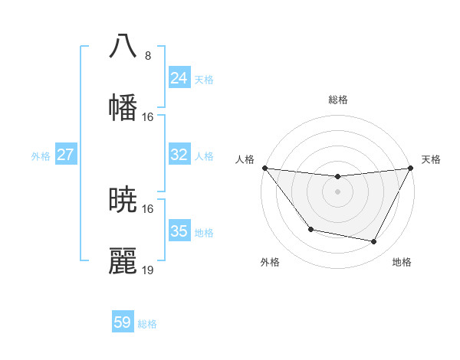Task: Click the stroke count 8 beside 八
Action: (148, 55)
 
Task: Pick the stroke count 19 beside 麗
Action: (148, 270)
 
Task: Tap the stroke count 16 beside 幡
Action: (148, 116)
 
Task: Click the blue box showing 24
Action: (179, 78)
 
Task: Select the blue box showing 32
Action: (179, 155)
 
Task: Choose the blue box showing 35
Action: (179, 231)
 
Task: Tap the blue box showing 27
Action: (66, 155)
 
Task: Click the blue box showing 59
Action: (123, 322)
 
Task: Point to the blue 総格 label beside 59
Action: (148, 324)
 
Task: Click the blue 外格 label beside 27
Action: (41, 156)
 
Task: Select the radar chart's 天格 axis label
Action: (431, 159)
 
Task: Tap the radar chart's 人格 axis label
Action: (245, 159)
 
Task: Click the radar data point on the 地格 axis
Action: (374, 242)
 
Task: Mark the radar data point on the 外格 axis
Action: (310, 229)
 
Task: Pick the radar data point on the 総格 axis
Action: (337, 177)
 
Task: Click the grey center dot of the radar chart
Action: (337, 191)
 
